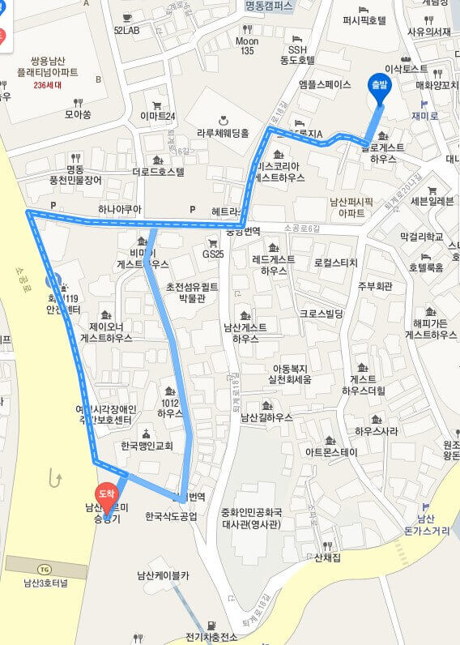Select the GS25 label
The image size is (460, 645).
[x=213, y=254]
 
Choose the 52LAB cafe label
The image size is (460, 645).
[x=126, y=30]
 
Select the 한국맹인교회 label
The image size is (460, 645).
[x=147, y=445]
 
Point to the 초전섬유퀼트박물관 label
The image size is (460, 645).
[x=193, y=293]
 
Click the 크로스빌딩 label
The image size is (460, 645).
[x=322, y=313]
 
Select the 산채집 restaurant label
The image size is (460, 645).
[x=329, y=557]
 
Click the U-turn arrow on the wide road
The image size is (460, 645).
[x=55, y=478]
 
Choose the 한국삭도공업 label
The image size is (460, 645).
[x=171, y=515]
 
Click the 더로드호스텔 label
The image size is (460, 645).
[x=159, y=171]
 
